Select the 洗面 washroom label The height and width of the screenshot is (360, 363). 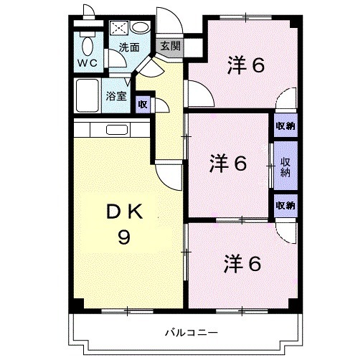click(129, 48)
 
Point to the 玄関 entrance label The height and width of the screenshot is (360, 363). click(170, 46)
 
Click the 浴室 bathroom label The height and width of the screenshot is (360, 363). click(115, 95)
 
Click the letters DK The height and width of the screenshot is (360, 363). click(124, 212)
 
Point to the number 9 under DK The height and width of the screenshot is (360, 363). click(123, 237)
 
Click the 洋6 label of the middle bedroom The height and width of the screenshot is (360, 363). click(229, 164)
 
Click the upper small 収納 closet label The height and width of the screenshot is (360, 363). click(285, 126)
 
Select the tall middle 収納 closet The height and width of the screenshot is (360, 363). click(285, 166)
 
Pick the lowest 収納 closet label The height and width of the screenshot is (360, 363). click(285, 205)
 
